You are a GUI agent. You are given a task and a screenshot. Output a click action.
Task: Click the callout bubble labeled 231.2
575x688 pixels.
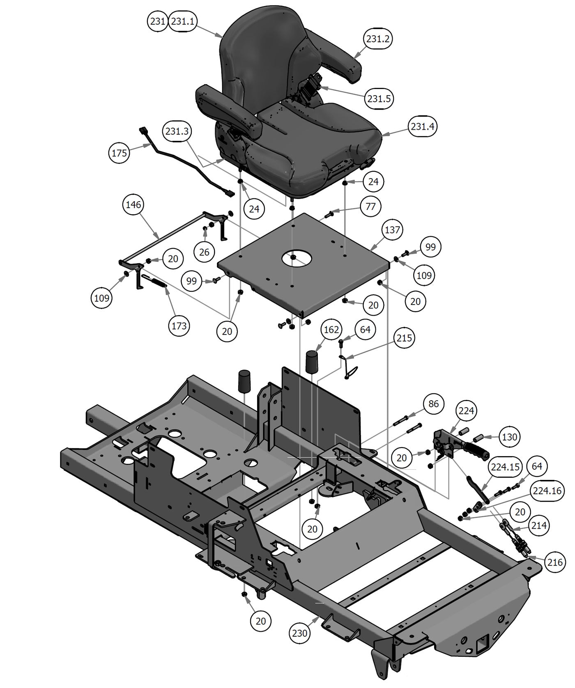click(378, 39)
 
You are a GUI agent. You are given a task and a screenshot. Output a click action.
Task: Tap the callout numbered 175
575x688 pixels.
click(119, 153)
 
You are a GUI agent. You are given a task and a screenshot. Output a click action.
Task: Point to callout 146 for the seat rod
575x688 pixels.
click(133, 204)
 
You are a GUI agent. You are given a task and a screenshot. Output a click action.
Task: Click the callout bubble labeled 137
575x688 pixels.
click(392, 229)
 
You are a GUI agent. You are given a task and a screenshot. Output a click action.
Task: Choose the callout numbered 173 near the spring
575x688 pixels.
click(179, 326)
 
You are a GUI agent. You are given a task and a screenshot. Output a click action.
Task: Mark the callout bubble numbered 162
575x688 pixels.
click(331, 330)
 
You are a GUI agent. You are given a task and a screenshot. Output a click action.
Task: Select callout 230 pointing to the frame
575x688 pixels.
click(300, 633)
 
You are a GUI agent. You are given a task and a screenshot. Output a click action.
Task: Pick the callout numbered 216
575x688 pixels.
click(555, 562)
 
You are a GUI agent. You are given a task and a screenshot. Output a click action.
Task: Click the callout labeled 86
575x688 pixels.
click(433, 404)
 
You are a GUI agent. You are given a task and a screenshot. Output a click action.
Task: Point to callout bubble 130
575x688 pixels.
click(509, 437)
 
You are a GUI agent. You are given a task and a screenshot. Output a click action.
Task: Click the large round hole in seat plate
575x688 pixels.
click(297, 258)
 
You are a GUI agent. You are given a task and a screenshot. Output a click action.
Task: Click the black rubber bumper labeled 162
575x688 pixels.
click(312, 361)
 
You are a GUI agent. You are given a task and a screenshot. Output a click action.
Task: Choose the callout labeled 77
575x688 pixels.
click(370, 206)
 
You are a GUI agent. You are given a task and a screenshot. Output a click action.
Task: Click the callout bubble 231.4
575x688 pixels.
click(423, 126)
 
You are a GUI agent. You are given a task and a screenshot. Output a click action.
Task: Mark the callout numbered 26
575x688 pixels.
click(204, 252)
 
